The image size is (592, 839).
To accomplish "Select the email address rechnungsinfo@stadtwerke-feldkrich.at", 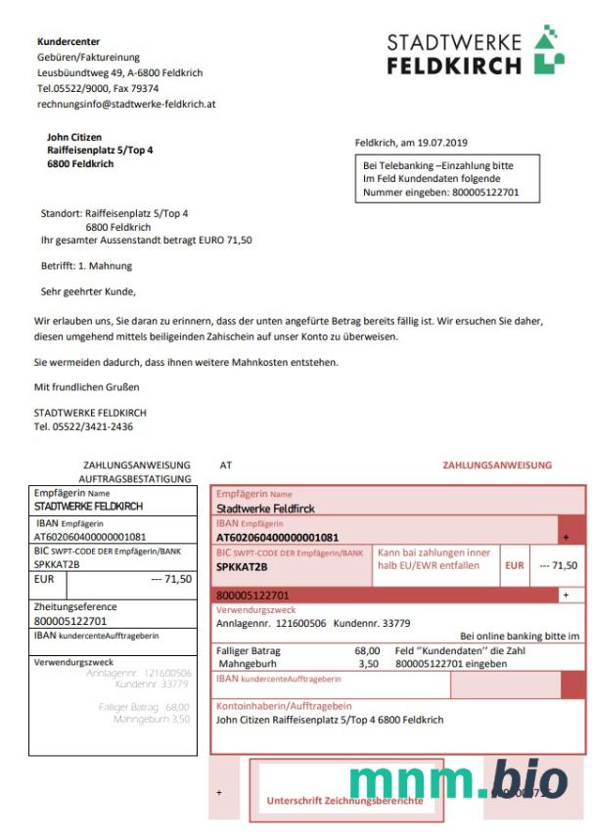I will coord(126,103).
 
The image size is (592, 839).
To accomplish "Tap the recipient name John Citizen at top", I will coord(74,137).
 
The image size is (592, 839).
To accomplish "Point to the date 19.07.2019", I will coord(447,142).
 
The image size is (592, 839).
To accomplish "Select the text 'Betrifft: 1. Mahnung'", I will coord(86,265).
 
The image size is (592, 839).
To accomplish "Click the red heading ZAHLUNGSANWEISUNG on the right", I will coord(497,465).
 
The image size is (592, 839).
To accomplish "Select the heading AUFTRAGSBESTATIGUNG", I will coord(135,479).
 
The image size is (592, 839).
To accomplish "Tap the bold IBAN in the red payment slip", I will coord(277,537).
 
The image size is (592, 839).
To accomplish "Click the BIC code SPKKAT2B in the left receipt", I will coord(58,564).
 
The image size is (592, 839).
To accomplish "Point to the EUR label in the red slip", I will coord(514,565).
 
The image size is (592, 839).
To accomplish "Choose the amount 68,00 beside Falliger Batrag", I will coord(367,650).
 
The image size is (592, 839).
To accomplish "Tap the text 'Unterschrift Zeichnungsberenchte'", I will coord(344,800).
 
